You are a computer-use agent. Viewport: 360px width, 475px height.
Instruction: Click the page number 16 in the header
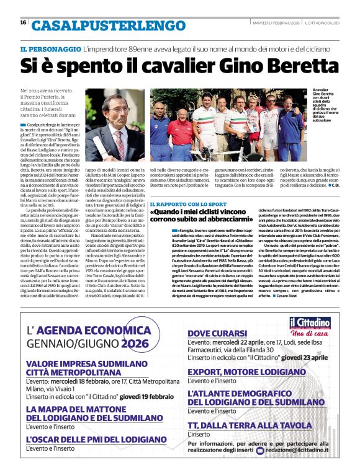[23, 23]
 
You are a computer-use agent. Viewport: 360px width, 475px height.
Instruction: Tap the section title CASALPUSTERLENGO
[104, 25]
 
